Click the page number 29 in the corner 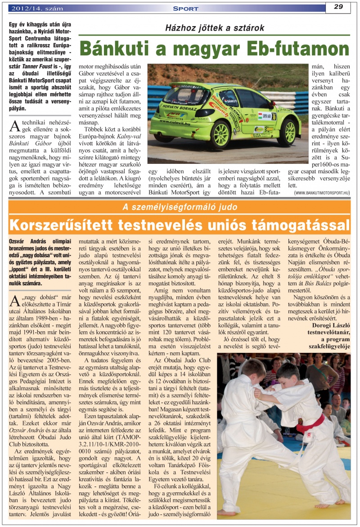[339, 6]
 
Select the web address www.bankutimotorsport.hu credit [322, 193]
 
